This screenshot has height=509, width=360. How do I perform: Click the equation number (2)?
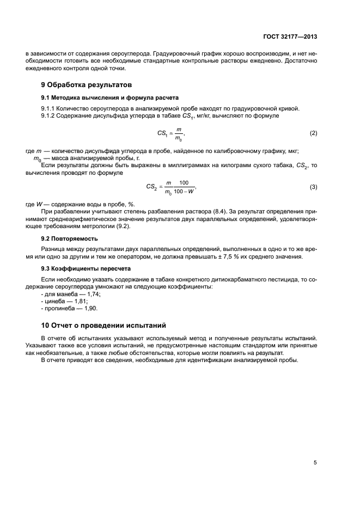click(313, 133)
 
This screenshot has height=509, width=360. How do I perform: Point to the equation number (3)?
click(313, 187)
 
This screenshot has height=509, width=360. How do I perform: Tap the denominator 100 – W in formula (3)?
click(184, 192)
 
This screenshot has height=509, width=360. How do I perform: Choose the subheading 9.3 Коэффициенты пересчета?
click(83, 269)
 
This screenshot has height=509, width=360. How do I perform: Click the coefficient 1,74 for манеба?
click(94, 294)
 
